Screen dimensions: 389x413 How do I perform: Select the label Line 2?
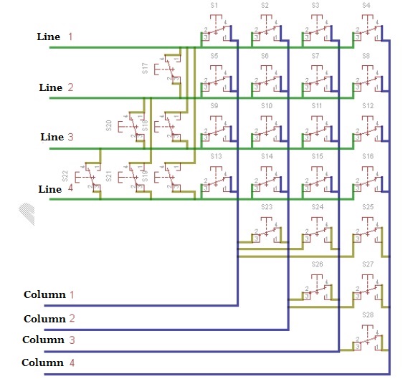coord(55,87)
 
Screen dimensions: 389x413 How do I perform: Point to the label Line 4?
coord(55,189)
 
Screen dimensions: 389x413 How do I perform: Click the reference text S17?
coord(145,68)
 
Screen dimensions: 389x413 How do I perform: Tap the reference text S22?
coord(65,176)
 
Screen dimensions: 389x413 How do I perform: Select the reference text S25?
coord(368,206)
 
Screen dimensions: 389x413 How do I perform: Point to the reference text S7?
coord(315,55)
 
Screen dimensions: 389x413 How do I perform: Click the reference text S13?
coord(214,155)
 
